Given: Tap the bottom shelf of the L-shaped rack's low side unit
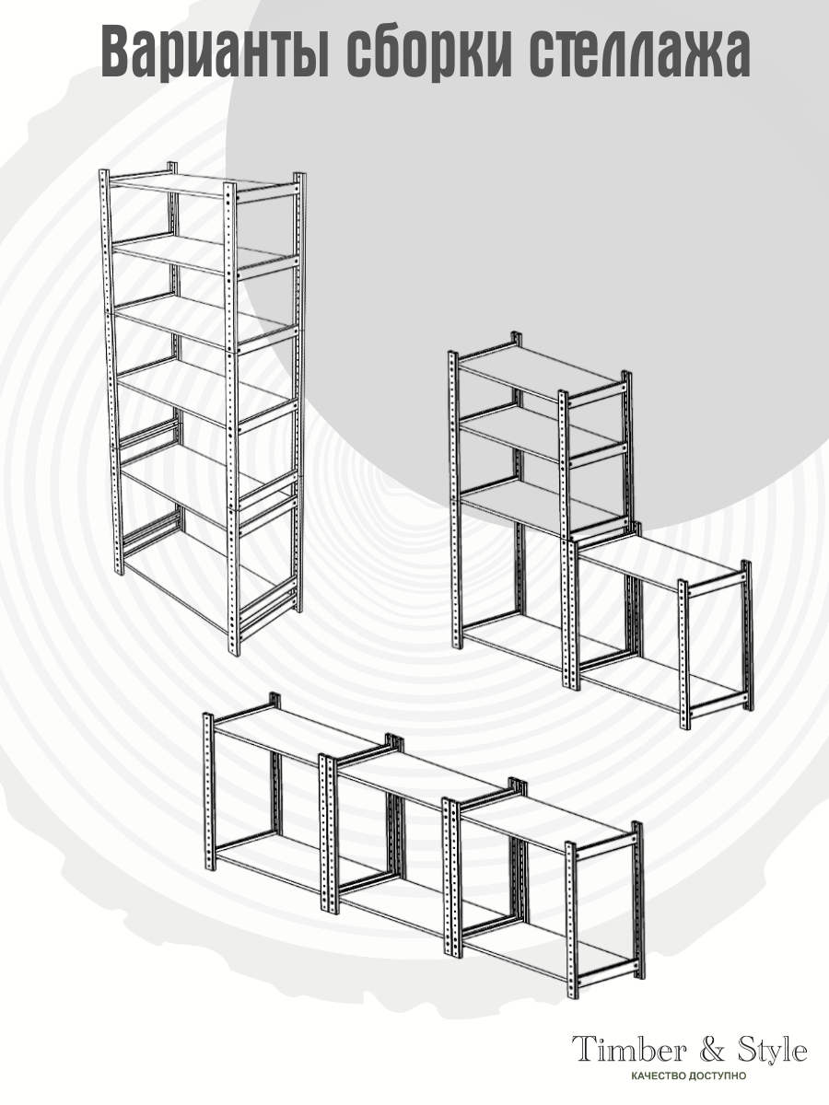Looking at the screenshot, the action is pos(660,676).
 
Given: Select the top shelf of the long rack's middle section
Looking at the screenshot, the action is pos(426,784).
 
